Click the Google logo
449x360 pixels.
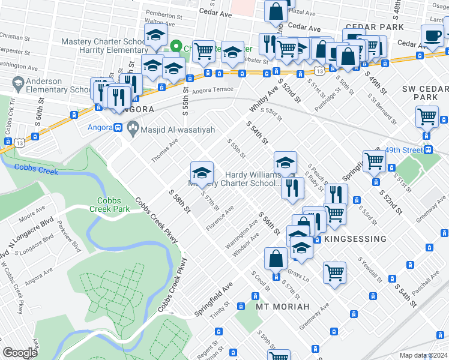(x=20, y=353)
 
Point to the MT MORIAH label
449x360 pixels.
(x=283, y=307)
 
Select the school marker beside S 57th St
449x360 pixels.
(x=202, y=173)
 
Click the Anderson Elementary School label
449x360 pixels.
(x=39, y=85)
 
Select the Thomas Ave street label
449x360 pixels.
(x=164, y=151)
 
